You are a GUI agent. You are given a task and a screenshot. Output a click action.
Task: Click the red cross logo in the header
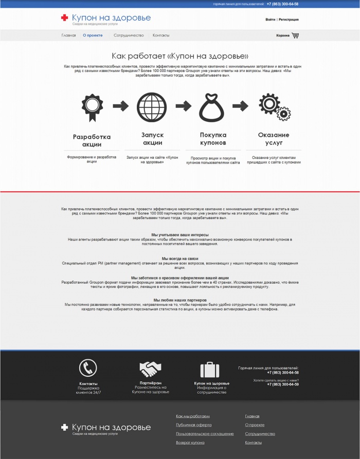[64, 18]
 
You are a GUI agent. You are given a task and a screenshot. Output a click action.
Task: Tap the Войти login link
[270, 20]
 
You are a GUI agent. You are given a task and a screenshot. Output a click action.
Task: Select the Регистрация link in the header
[289, 20]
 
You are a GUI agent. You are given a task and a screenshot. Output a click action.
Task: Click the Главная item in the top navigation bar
[68, 35]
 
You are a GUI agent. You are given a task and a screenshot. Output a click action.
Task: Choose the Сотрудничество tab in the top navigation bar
[129, 35]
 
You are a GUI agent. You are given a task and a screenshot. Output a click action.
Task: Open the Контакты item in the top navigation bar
[161, 35]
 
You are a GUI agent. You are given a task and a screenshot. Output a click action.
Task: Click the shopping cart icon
[295, 35]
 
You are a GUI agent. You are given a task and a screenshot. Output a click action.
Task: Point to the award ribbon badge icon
[92, 106]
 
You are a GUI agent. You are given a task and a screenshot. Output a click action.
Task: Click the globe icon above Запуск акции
[152, 106]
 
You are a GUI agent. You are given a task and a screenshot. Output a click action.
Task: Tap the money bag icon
[212, 107]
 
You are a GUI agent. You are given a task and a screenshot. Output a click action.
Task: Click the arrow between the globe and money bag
[183, 106]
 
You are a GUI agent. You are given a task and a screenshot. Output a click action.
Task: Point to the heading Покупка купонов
[213, 138]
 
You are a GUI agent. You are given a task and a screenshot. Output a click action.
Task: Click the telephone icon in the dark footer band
[88, 368]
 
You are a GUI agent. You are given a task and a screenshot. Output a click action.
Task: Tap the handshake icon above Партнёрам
[150, 369]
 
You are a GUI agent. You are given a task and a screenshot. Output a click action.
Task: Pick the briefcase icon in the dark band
[210, 370]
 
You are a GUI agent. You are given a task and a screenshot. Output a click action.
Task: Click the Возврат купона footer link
[190, 443]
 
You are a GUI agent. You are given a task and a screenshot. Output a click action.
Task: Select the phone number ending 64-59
[283, 384]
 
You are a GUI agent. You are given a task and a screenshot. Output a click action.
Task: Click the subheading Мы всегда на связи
[180, 259]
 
